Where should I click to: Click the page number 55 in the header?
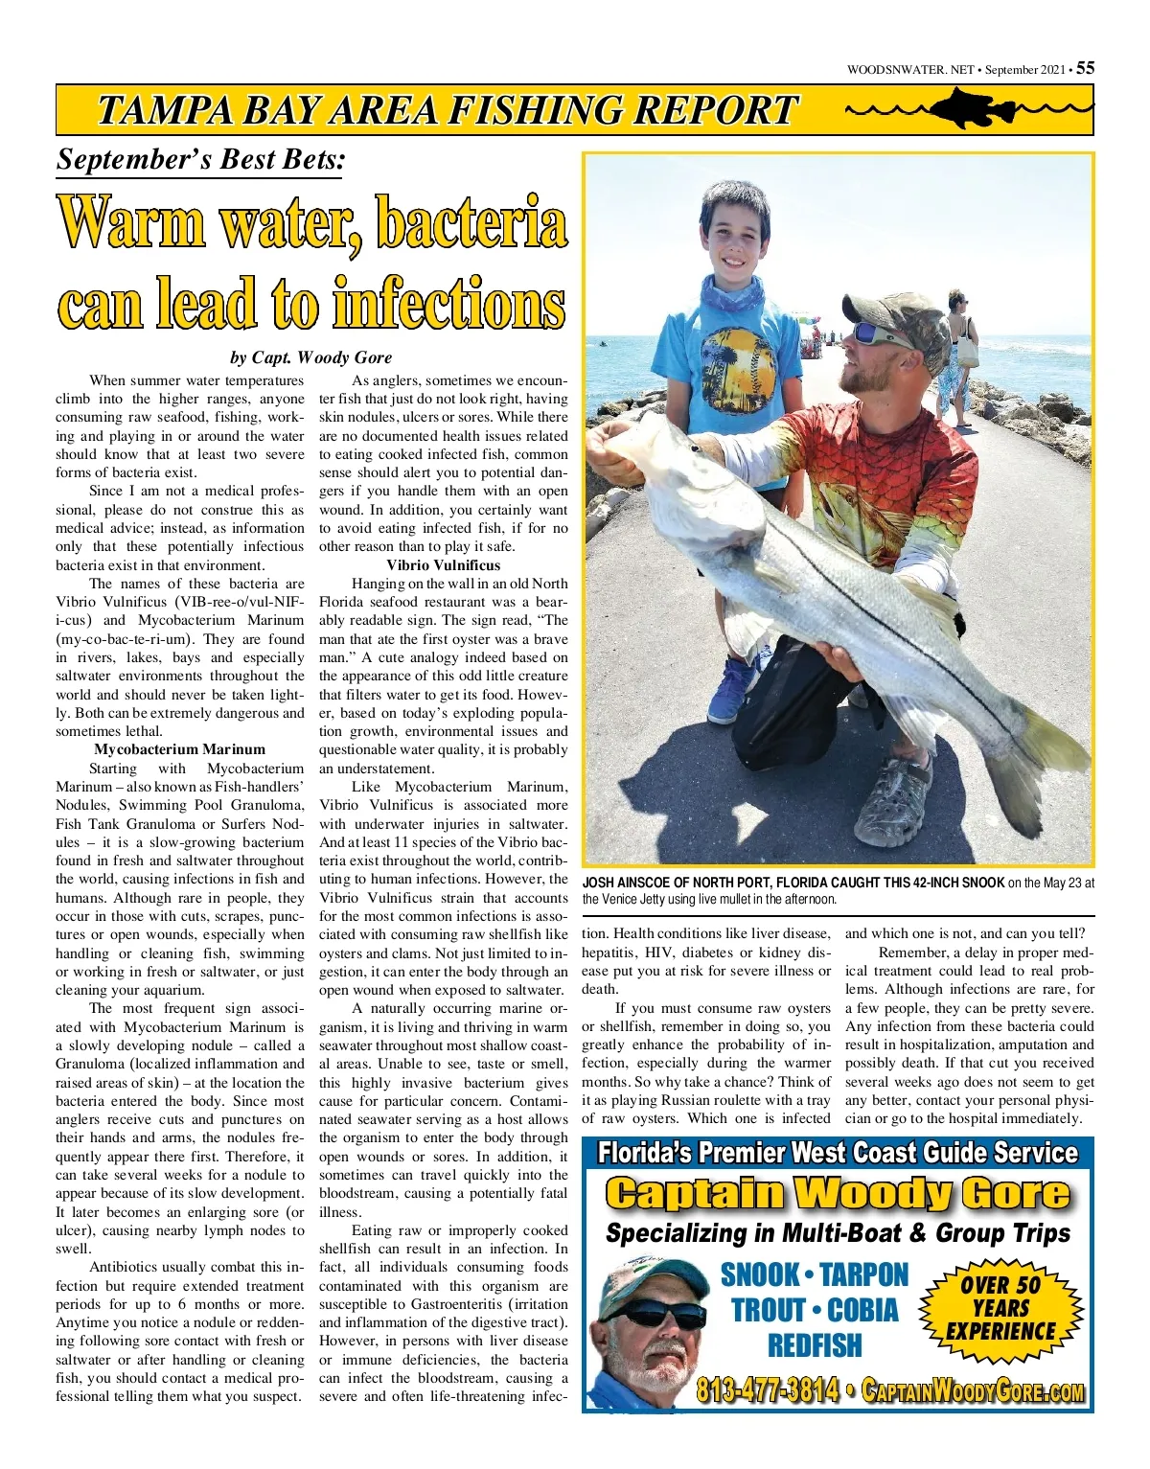[1085, 68]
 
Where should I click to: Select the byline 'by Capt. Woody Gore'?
[310, 357]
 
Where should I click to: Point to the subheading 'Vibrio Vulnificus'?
[443, 565]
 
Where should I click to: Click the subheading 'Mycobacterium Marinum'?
[179, 749]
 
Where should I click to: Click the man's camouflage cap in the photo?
[896, 316]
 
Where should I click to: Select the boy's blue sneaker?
[732, 690]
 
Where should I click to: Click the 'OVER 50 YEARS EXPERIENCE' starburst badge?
[1000, 1308]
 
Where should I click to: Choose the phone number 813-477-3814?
[767, 1389]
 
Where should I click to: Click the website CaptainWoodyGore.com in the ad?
[973, 1391]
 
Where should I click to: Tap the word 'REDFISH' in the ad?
[815, 1345]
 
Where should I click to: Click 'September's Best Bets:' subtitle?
[200, 159]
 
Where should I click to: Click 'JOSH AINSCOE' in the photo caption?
[629, 883]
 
